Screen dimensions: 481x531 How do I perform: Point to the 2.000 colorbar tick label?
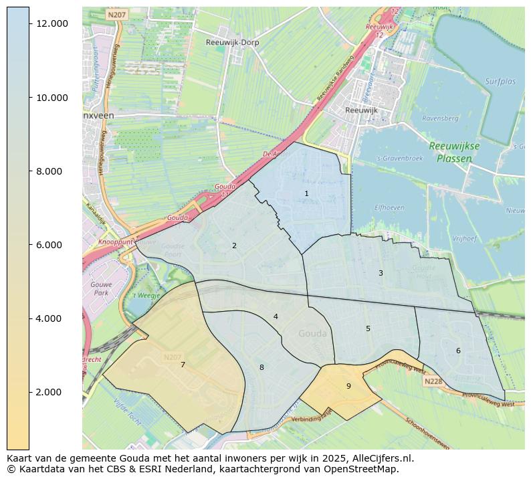pos(51,392)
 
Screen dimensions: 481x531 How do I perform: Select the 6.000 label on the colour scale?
pos(51,245)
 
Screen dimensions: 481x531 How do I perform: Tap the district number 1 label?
pos(306,193)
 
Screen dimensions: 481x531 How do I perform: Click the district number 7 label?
pos(183,365)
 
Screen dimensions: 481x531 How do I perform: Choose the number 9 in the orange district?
pos(348,386)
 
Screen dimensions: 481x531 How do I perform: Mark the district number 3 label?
pos(381,273)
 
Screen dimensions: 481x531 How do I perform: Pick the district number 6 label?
pos(458,351)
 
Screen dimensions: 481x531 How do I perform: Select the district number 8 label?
pos(261,367)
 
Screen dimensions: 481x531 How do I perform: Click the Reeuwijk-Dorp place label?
pos(232,42)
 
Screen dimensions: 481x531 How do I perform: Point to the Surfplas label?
pos(500,82)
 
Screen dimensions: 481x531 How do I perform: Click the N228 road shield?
pos(433,381)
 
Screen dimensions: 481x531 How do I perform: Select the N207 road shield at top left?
pos(116,14)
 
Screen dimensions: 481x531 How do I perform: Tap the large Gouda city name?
pos(312,334)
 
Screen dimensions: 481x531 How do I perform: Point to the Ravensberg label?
pos(440,118)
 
